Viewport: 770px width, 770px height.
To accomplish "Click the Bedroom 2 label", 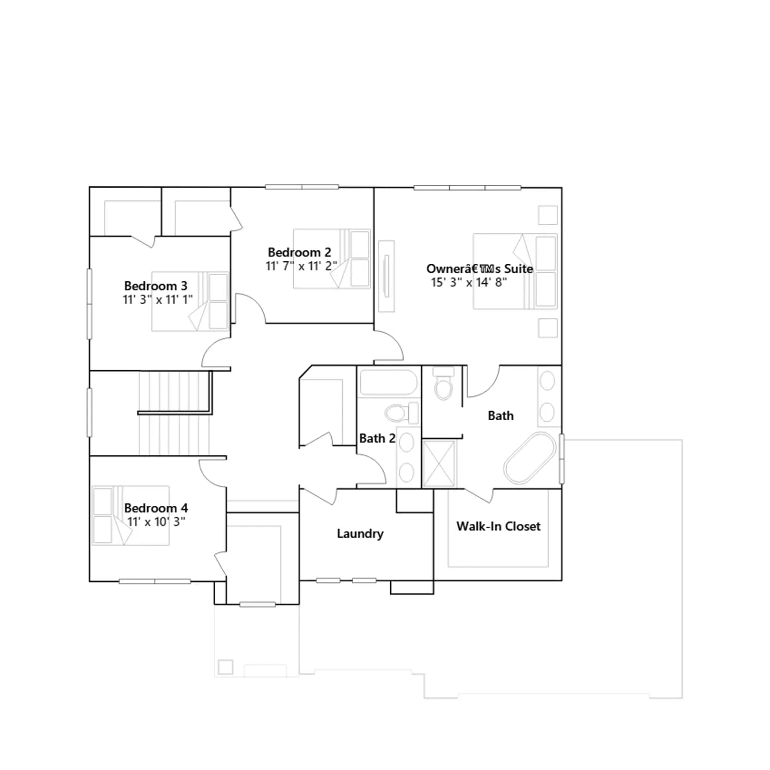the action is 299,252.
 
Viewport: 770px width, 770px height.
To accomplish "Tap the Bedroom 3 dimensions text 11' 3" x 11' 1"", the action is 157,299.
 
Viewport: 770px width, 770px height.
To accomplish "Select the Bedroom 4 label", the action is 156,508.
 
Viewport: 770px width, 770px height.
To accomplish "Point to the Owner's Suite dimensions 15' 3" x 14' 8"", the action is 469,282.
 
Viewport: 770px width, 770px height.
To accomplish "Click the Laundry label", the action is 360,534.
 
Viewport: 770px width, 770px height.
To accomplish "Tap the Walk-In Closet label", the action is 499,526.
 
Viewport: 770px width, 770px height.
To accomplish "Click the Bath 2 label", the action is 377,438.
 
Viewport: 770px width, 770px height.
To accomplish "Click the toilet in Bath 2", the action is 401,413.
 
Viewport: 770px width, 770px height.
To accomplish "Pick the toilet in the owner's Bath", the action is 443,383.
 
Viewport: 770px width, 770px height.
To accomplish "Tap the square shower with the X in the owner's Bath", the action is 438,464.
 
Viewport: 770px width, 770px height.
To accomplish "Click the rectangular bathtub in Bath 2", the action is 388,383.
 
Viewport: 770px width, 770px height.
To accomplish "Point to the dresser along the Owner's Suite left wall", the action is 386,276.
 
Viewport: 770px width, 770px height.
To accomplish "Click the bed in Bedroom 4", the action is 130,515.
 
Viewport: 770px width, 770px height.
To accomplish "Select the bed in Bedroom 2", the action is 332,259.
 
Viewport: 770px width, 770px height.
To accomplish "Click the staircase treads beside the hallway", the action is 175,413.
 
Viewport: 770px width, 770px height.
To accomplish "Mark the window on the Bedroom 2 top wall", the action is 302,187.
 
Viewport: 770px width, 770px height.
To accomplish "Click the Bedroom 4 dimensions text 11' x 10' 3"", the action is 156,522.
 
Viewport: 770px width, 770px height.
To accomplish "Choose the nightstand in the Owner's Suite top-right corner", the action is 548,215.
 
